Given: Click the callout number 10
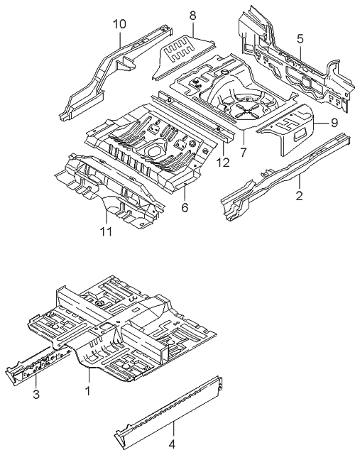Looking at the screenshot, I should point(119,24).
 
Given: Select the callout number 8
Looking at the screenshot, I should point(192,14).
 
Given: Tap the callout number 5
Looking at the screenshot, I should point(300,38).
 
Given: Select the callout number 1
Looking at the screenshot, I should point(88,390).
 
